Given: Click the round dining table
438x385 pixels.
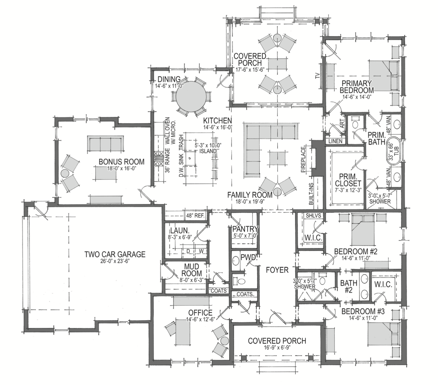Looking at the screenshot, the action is coord(191,96).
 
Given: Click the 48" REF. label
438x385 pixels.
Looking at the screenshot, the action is coord(195,215).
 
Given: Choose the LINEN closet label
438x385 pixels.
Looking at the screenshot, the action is coord(335,141).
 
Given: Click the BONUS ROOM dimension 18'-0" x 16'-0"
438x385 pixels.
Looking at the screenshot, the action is coord(121,168).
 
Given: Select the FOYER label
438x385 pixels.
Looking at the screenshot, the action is coord(277,270).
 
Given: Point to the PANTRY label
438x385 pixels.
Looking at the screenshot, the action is coord(245,229).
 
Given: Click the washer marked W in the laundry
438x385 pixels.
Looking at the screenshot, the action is coord(201,251).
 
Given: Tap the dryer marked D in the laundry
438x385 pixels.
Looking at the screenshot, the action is coord(188,251).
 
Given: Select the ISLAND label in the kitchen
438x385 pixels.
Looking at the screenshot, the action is coord(208,151).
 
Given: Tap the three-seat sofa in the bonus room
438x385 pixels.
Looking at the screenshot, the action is coord(105,144).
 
